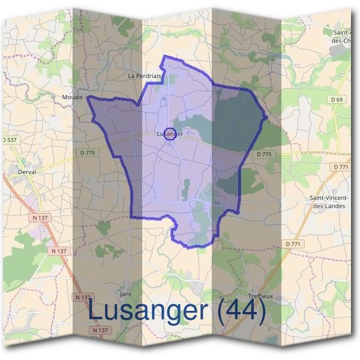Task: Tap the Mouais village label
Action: coord(72,96)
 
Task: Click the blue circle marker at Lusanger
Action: coord(169,134)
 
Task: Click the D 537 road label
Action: coord(8,140)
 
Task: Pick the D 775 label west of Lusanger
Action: coord(88,153)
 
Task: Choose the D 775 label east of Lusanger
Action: coord(264,154)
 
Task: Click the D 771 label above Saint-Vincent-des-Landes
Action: coord(341,167)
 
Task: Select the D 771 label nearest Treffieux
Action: coord(293,244)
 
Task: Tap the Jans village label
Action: coord(125,294)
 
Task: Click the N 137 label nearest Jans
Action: coord(83,298)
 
